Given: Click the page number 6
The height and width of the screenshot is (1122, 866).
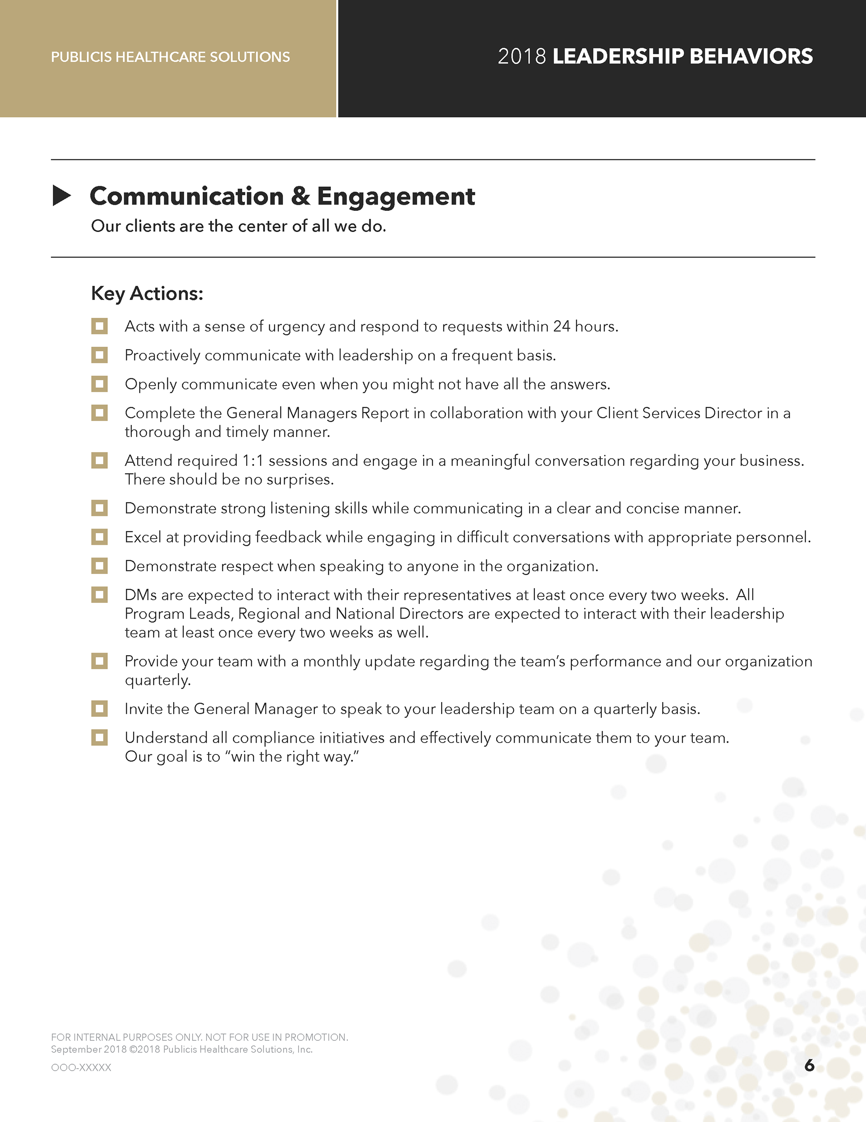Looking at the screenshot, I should tap(809, 1065).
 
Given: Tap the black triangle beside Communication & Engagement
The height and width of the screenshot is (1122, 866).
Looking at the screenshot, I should tap(62, 196).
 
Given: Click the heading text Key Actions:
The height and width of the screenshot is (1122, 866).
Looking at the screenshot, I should tap(147, 293).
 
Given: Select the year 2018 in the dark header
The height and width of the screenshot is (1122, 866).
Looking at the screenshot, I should tap(521, 56).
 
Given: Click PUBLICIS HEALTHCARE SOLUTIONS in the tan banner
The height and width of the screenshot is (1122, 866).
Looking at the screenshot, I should tap(170, 57).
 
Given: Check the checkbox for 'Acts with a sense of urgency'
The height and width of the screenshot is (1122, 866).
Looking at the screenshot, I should tap(100, 326).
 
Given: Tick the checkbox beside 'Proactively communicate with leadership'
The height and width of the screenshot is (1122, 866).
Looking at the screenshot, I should tap(100, 355).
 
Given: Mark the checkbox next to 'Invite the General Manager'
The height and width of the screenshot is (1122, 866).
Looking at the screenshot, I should tap(100, 708).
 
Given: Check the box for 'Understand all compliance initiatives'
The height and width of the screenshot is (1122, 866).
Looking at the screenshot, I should tap(100, 737).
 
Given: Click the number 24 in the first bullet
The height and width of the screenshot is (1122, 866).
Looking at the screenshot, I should tap(561, 326).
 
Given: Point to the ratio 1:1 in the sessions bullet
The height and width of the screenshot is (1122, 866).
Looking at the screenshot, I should tap(253, 461).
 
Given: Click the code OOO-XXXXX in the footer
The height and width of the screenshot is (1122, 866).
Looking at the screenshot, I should tap(81, 1067).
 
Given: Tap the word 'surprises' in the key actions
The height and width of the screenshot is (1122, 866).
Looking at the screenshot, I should tap(299, 480).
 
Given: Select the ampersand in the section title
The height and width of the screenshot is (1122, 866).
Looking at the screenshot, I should tap(300, 196).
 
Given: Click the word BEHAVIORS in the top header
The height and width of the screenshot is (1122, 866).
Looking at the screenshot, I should tap(751, 56).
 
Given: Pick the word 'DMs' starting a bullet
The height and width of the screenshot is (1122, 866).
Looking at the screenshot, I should tap(141, 595).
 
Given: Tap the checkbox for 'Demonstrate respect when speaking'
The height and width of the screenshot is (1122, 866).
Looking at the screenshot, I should tap(100, 566).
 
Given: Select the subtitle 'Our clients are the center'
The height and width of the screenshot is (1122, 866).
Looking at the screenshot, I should tap(238, 226).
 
